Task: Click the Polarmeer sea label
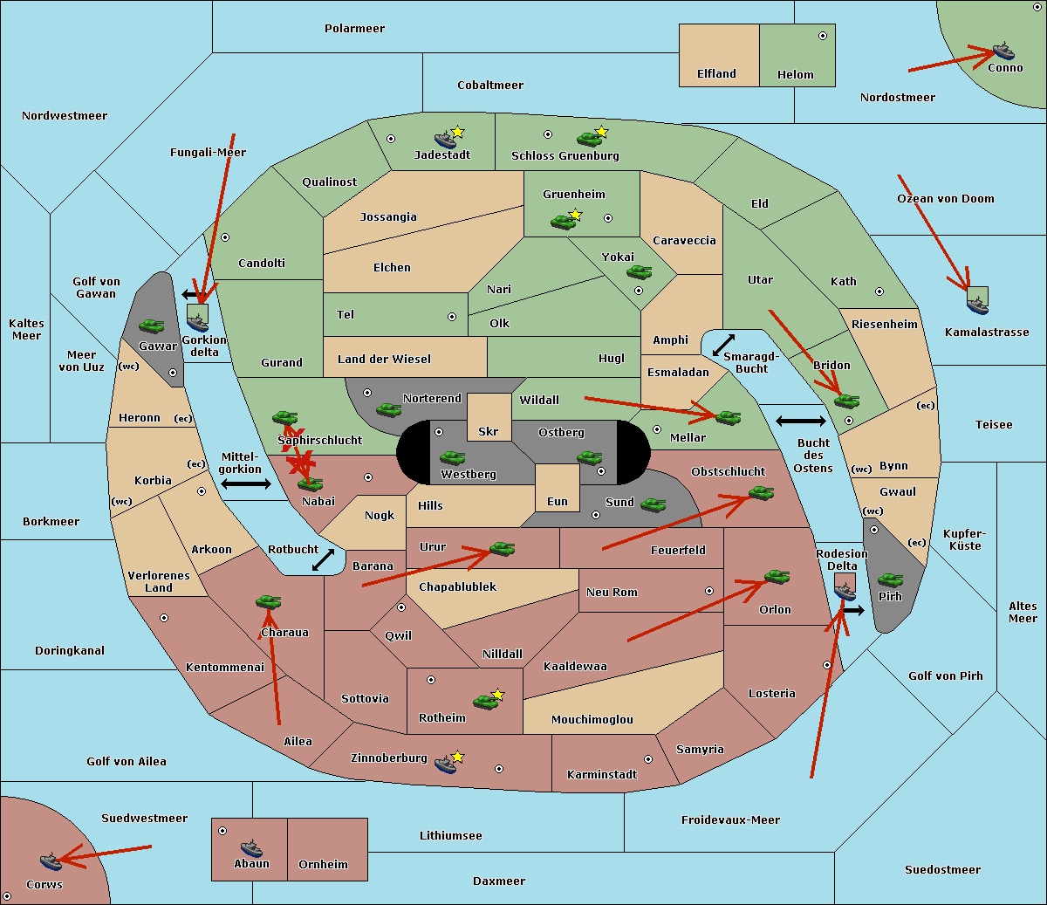click(354, 29)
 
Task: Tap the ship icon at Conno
click(1003, 51)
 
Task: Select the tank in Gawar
click(152, 326)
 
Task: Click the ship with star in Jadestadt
click(446, 139)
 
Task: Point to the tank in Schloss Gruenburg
click(589, 138)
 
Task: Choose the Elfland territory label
click(716, 74)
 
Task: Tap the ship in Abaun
click(251, 847)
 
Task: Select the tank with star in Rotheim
click(486, 701)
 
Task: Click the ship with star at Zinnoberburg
click(446, 764)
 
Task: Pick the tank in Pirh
click(890, 580)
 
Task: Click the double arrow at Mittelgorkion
click(246, 483)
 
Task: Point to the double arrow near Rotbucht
click(324, 559)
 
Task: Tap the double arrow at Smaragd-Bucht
click(724, 345)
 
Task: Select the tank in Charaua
click(268, 601)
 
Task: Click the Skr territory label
click(489, 431)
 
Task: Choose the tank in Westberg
click(452, 457)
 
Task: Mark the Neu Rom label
click(612, 592)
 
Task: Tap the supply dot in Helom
click(822, 36)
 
